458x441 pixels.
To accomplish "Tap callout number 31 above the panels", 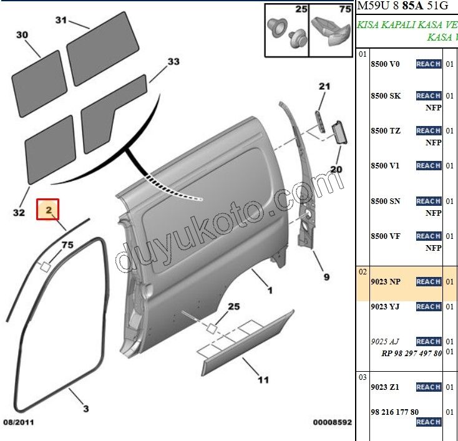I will (61, 20).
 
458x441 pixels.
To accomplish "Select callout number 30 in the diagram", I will (22, 35).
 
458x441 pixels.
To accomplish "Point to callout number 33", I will (173, 61).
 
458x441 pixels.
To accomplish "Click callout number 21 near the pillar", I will (324, 86).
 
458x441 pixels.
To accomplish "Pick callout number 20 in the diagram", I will (336, 169).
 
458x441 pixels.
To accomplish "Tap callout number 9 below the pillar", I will (326, 277).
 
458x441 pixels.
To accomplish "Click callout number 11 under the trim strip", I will (263, 379).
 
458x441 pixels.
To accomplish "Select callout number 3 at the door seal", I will (86, 409).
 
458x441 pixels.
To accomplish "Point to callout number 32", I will (19, 213).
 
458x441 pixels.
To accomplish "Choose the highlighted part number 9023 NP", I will (385, 282).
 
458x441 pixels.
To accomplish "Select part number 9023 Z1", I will (385, 387).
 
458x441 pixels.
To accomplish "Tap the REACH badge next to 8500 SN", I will (429, 201).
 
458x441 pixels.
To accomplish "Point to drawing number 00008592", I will (332, 422).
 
